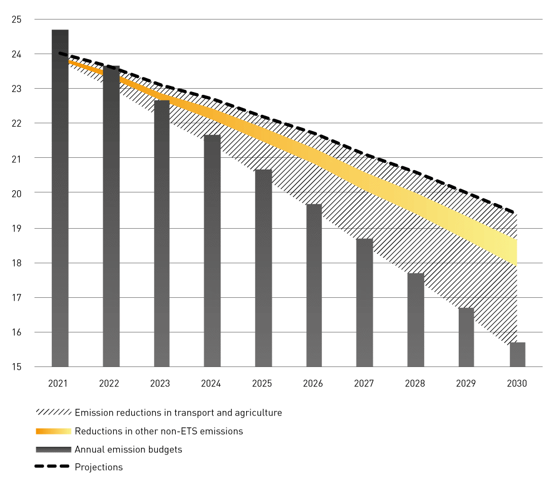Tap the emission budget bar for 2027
(365, 304)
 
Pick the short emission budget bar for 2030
(517, 355)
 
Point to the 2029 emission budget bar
(466, 337)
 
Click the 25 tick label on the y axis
(16, 20)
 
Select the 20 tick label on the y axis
(16, 193)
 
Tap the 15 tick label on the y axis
(16, 367)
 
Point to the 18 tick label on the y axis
(16, 263)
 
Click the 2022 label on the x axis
(109, 384)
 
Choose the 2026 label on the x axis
(313, 384)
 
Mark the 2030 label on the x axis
(517, 384)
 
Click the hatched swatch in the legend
(53, 413)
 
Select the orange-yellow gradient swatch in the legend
(53, 431)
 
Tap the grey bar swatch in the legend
(53, 449)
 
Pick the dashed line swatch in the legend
(53, 467)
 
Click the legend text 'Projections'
(99, 467)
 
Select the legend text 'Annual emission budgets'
(128, 450)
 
